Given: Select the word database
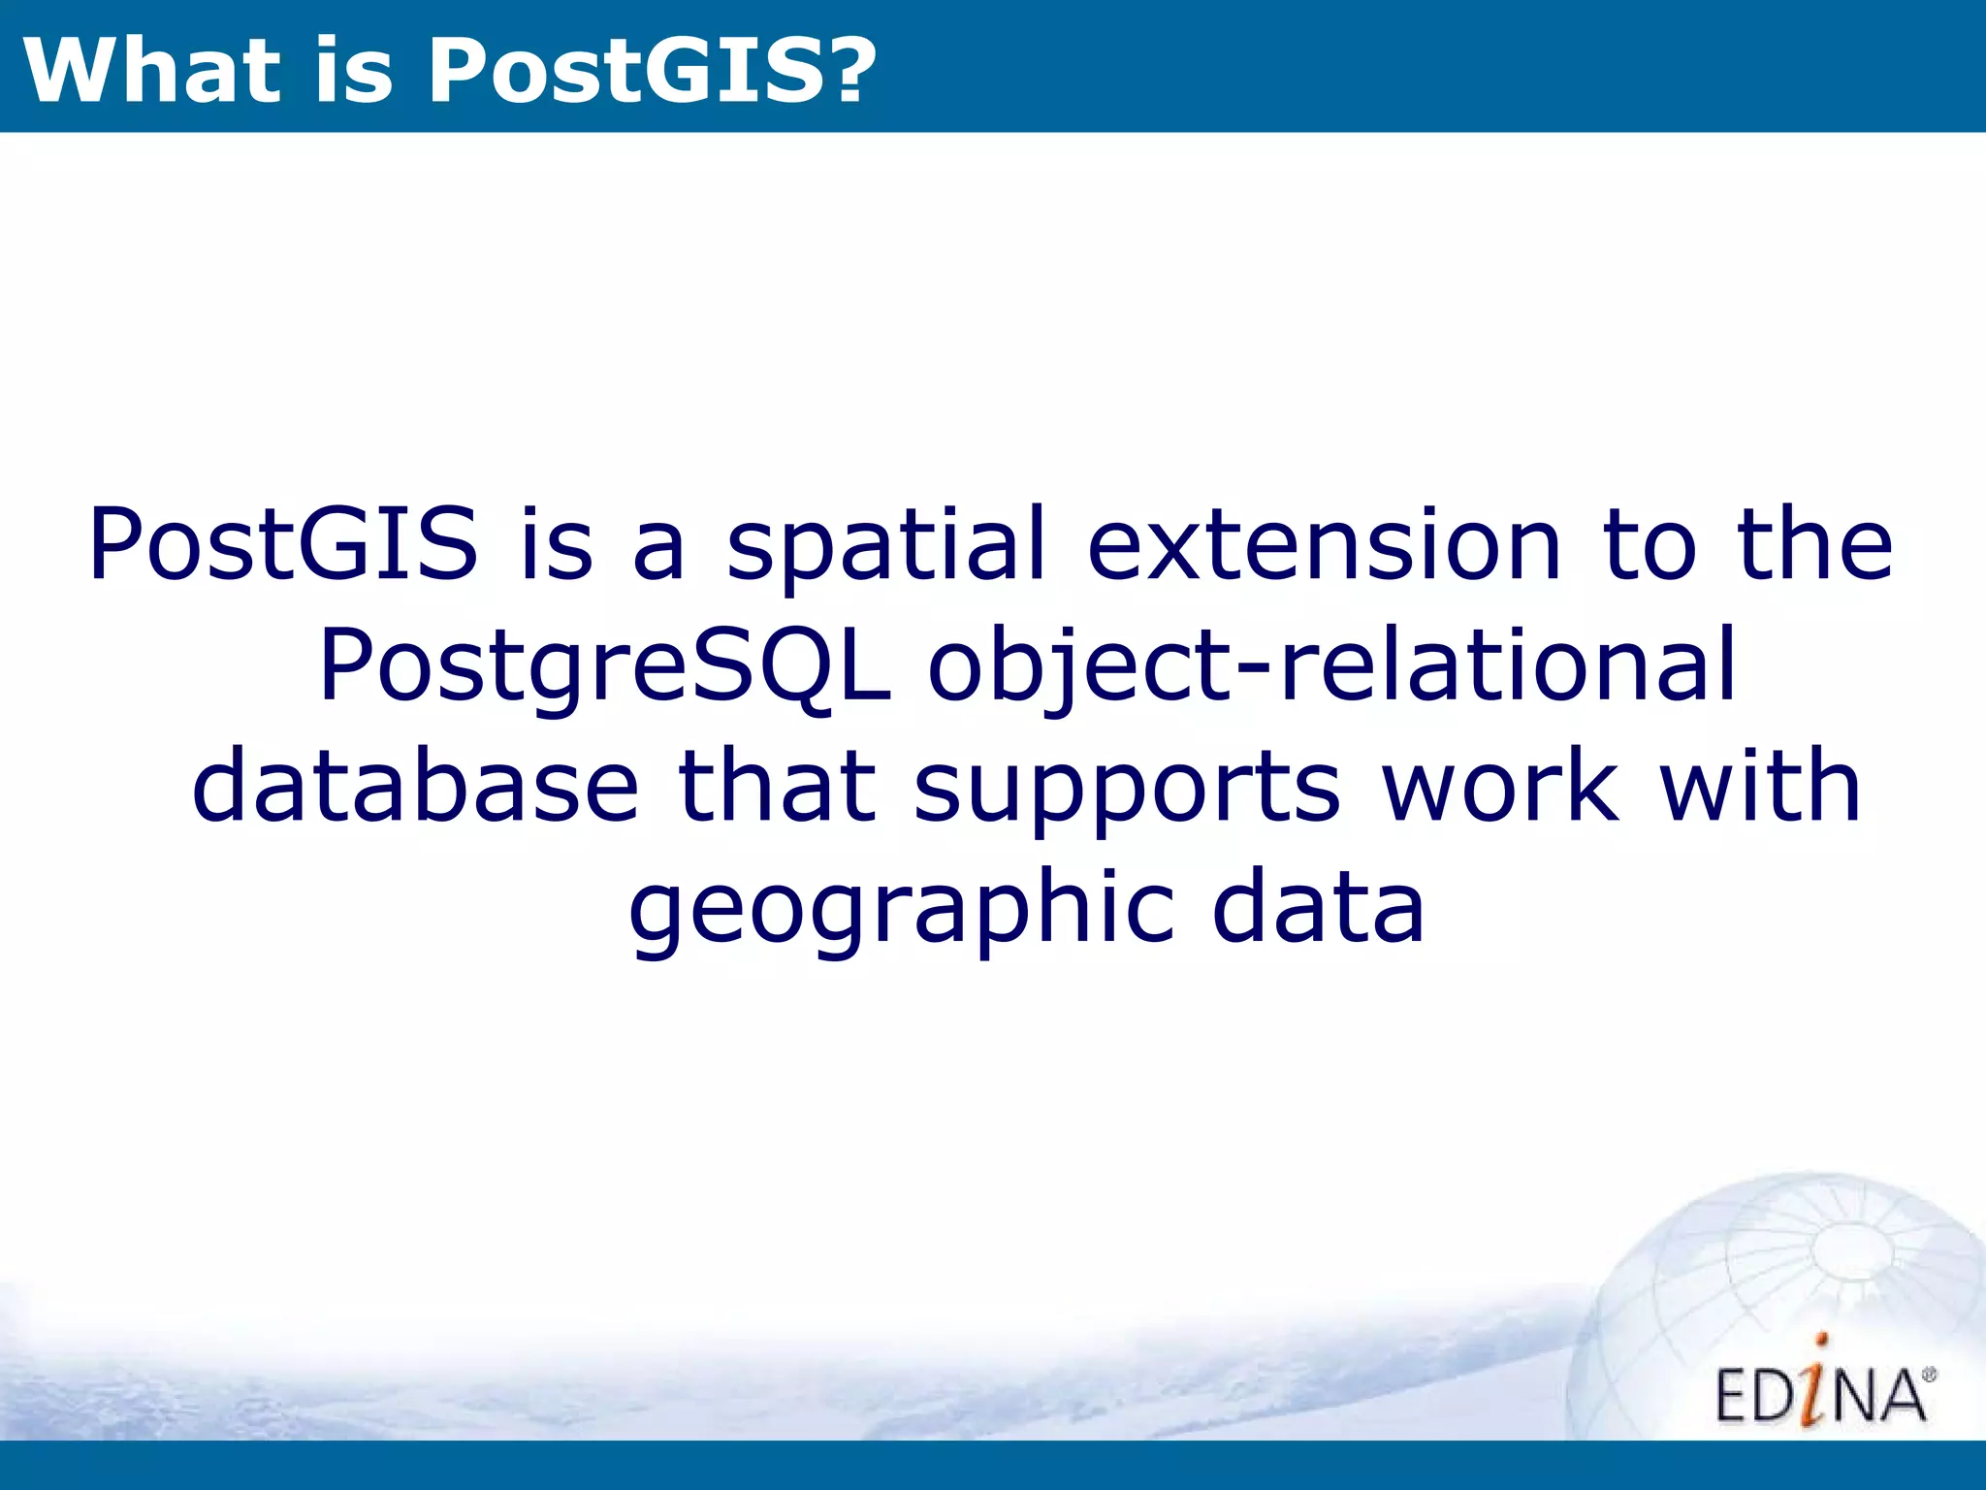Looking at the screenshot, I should [416, 786].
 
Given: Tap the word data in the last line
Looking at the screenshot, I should [1319, 907].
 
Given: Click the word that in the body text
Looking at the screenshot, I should [776, 786].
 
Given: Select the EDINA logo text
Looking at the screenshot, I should [1821, 1394].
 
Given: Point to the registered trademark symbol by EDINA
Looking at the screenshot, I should [1929, 1376].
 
